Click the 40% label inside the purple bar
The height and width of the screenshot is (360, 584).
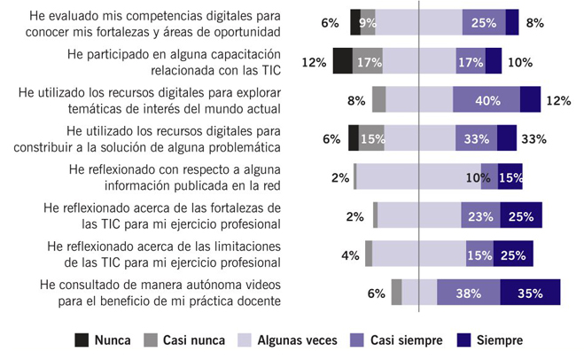[x=487, y=100]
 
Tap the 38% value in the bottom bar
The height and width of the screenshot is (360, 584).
[x=469, y=293]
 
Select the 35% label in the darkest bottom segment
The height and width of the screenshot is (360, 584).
[x=529, y=293]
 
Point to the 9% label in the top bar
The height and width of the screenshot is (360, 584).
[x=366, y=23]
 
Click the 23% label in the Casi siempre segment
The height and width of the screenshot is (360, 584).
[x=480, y=215]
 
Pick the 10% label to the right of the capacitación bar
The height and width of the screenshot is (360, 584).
[x=520, y=62]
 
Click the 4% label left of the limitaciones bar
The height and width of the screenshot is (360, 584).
[x=350, y=255]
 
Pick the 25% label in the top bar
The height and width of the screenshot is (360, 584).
[x=483, y=23]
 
